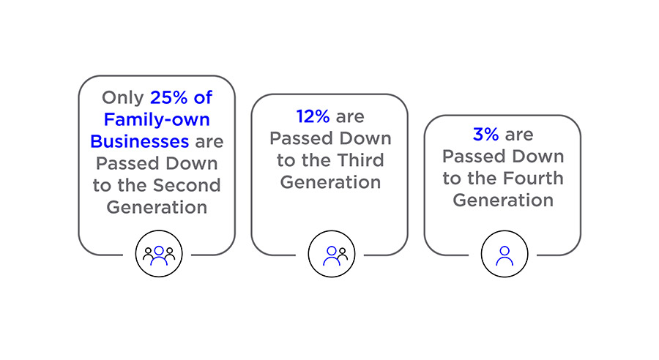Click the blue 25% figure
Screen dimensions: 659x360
(168, 97)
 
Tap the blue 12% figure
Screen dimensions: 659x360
(313, 116)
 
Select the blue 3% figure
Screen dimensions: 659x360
(486, 135)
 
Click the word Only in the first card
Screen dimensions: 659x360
(123, 98)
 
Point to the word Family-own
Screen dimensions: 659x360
(157, 120)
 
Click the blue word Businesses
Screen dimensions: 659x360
(140, 141)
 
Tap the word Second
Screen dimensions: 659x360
(187, 185)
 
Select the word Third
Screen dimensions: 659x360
(360, 160)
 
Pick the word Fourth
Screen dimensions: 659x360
(531, 178)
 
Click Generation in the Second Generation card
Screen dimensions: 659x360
(157, 207)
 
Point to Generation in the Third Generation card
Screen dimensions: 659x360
(330, 182)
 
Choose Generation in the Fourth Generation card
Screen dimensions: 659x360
(503, 200)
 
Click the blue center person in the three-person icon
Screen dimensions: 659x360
(159, 256)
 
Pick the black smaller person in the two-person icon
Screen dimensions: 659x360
(343, 254)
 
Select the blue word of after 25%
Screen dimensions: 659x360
(203, 97)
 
